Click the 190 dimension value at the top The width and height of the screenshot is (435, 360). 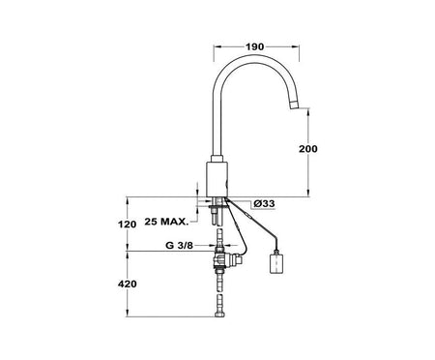pos(255,46)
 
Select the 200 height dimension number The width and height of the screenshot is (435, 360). pos(308,149)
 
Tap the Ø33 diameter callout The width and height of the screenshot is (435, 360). pos(264,203)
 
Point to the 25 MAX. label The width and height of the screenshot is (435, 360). pos(166,222)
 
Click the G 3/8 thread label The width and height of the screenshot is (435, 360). pos(179,246)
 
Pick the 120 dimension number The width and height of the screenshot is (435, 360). pos(127,225)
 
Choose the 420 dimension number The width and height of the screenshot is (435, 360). pos(127,285)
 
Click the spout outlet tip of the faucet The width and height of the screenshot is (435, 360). pos(295,105)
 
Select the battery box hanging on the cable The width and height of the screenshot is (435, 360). pos(276,263)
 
